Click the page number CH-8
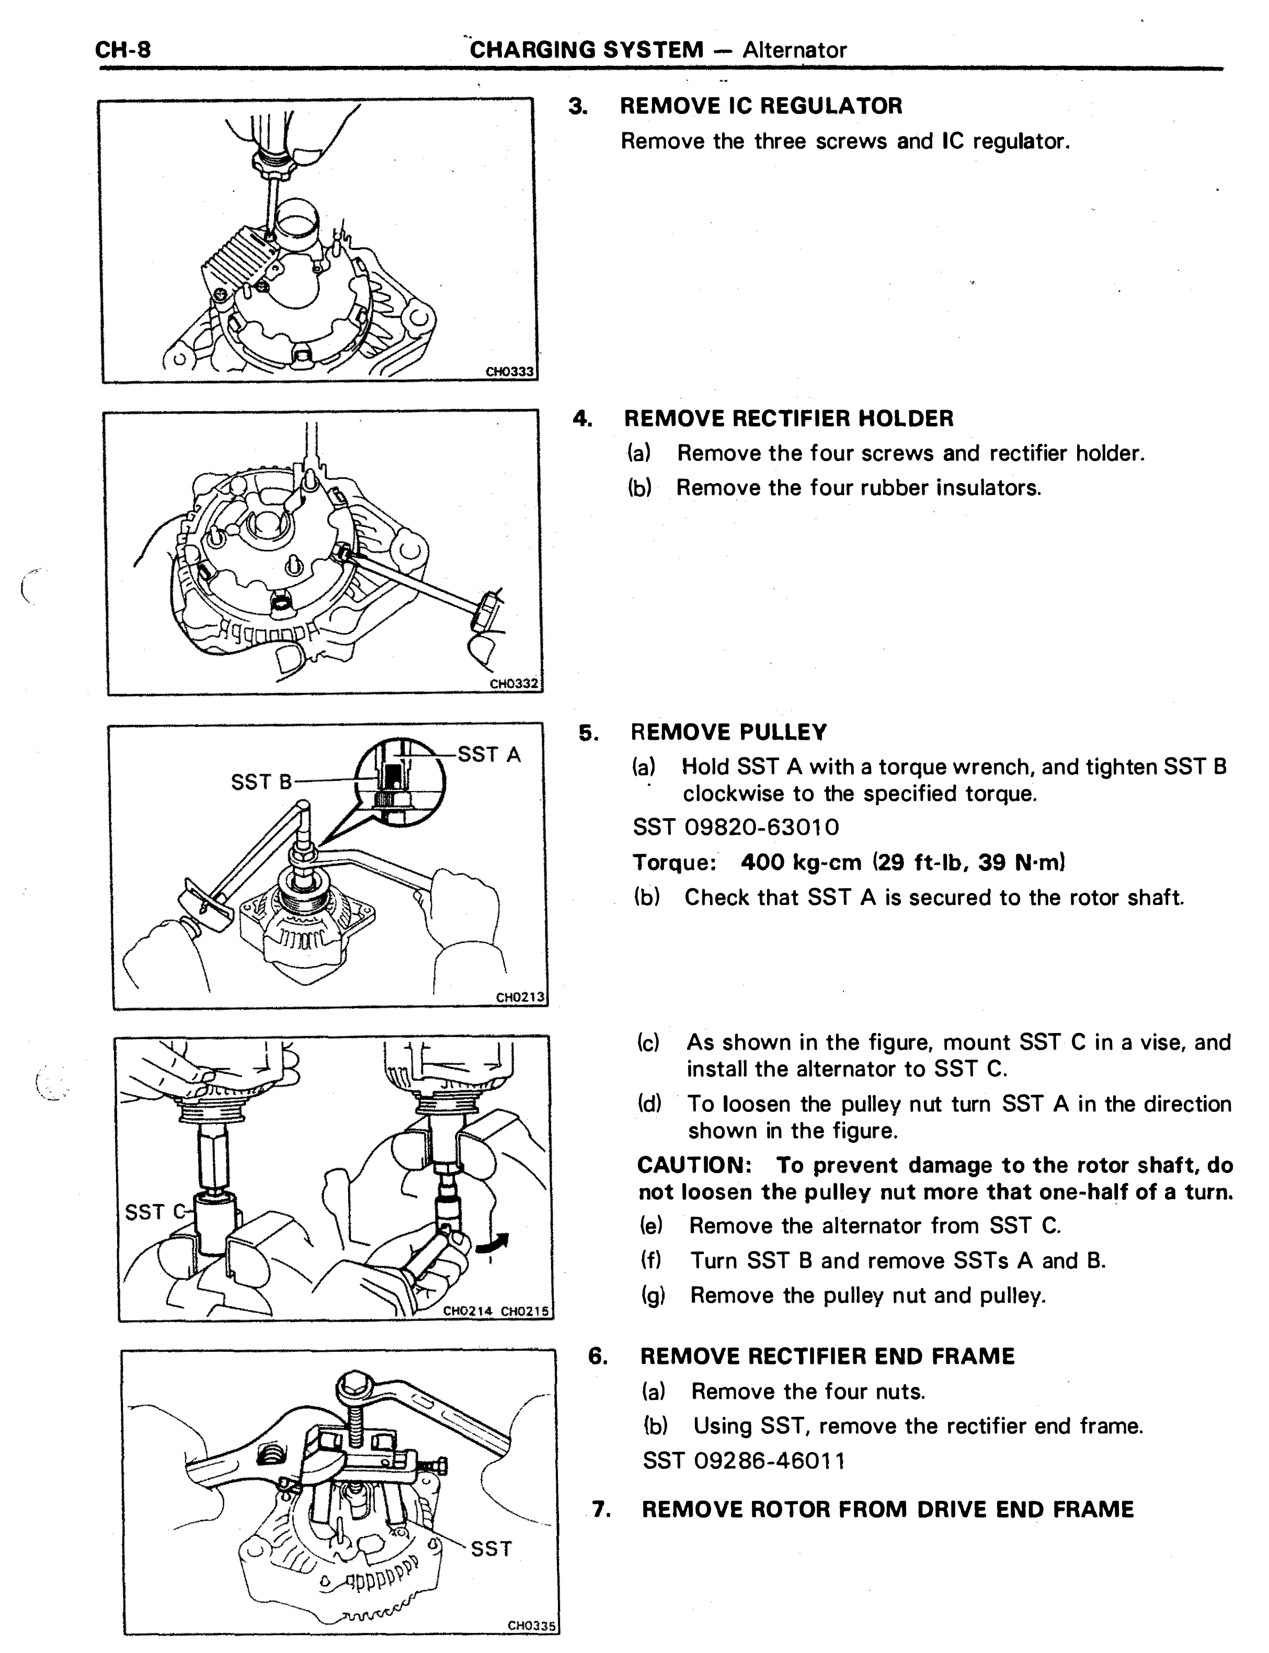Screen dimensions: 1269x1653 (x=123, y=50)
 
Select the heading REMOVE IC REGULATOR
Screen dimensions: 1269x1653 (x=761, y=106)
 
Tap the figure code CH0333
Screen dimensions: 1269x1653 (x=509, y=372)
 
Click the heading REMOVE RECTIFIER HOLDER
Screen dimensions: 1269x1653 (x=788, y=418)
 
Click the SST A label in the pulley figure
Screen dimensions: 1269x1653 (x=489, y=754)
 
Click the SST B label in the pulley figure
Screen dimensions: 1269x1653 (x=261, y=782)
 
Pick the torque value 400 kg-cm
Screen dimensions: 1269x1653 (x=802, y=863)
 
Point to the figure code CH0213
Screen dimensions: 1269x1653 (x=520, y=997)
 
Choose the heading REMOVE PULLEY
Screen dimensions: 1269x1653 (x=729, y=732)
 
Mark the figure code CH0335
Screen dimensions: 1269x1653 (x=532, y=1626)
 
